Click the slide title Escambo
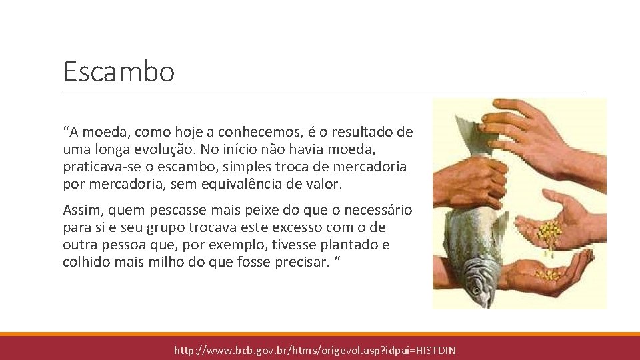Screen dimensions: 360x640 [119, 71]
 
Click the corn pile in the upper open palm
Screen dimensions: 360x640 [549, 233]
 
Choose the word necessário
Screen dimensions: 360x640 [373, 211]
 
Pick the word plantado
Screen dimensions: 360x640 [339, 245]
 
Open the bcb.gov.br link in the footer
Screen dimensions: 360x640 [315, 350]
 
